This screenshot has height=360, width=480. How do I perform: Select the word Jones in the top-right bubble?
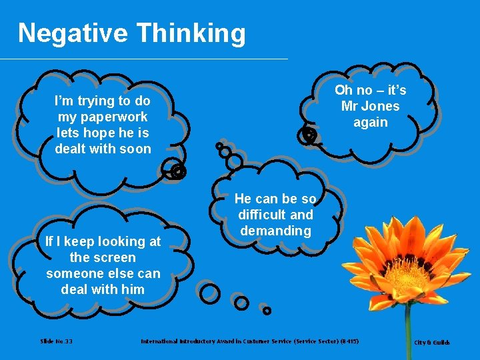[x=381, y=106]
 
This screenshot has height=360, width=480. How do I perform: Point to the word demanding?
[x=275, y=231]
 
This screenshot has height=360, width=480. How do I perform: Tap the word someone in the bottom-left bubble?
[x=73, y=273]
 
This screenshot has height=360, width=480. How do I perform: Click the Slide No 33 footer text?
[x=57, y=341]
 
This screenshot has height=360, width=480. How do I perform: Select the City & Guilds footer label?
[x=432, y=343]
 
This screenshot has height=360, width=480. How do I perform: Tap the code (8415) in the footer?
[x=347, y=341]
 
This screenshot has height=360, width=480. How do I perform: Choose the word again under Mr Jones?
[x=370, y=122]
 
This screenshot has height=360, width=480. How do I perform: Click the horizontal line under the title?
[x=143, y=59]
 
